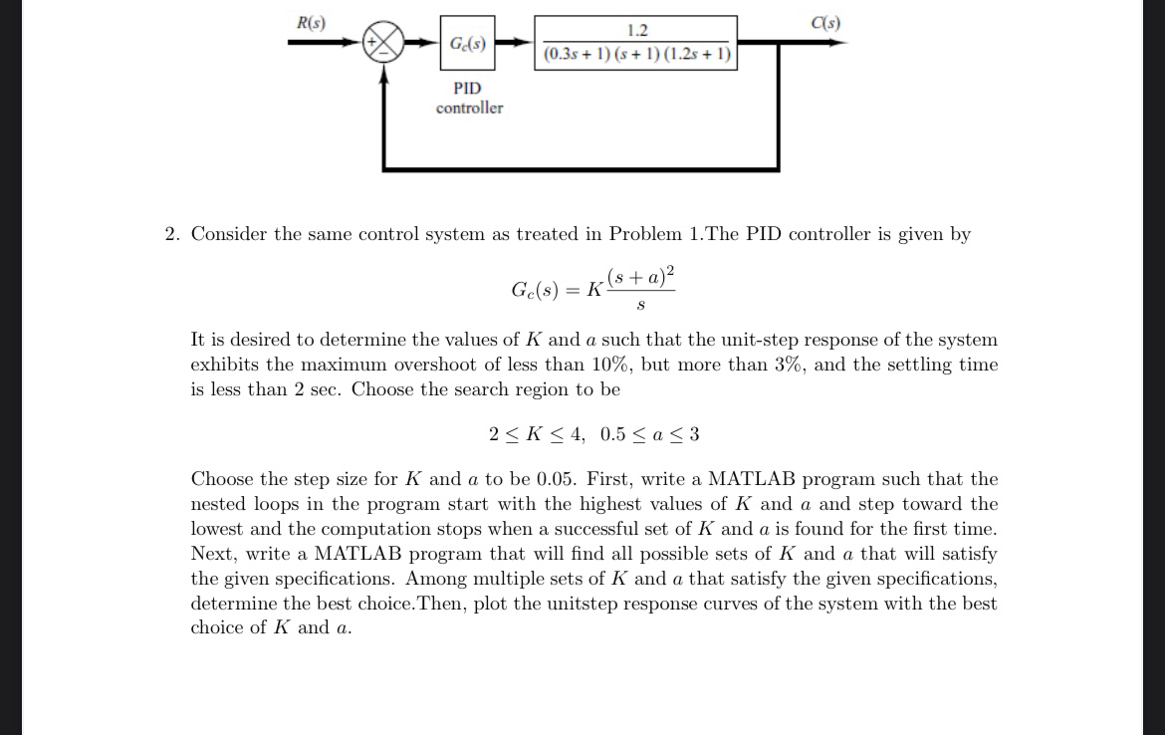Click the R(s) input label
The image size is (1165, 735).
[x=311, y=23]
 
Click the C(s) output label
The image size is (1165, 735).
[x=825, y=23]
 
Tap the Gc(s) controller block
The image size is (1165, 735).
[x=467, y=44]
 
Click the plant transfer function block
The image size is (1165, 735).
[x=636, y=43]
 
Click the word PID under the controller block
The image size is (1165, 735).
[x=467, y=89]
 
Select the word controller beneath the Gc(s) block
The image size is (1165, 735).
[x=469, y=108]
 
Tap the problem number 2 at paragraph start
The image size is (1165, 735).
[x=171, y=234]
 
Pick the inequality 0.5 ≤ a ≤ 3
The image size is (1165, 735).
[x=650, y=434]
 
